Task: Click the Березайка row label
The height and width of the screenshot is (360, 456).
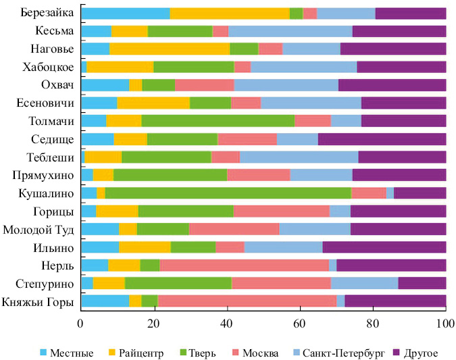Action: pyautogui.click(x=48, y=13)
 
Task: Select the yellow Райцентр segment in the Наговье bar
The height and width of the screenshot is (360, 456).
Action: pyautogui.click(x=170, y=49)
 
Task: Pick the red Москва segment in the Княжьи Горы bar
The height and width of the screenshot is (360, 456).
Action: pyautogui.click(x=247, y=301)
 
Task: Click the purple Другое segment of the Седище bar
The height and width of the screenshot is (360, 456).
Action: pyautogui.click(x=382, y=139)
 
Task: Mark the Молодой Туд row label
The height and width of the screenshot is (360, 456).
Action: pyautogui.click(x=41, y=229)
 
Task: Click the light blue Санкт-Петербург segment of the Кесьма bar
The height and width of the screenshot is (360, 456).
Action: pyautogui.click(x=290, y=30)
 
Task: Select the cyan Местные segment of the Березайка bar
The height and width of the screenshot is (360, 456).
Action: pyautogui.click(x=125, y=13)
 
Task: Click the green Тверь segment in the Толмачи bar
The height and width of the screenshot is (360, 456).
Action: pyautogui.click(x=218, y=121)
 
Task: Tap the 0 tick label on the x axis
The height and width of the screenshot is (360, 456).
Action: pyautogui.click(x=81, y=323)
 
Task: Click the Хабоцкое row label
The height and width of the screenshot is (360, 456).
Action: pyautogui.click(x=49, y=67)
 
